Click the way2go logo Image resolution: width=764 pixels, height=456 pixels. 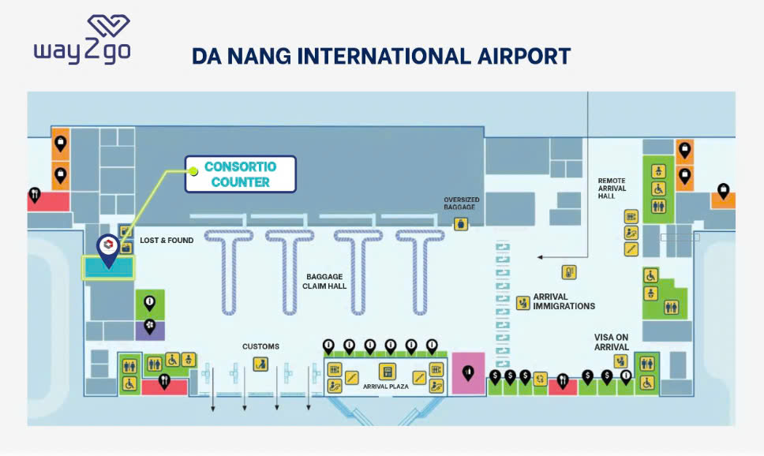pos(82,39)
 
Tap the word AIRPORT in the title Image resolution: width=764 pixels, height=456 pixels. pos(524,56)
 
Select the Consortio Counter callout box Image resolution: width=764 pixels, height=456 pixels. pos(240,174)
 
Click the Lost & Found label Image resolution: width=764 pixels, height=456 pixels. pos(167,240)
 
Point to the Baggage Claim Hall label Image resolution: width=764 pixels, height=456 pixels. pos(324,281)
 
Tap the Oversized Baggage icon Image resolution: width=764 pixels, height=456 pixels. pos(461,224)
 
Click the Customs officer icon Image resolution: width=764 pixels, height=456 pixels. pos(260,364)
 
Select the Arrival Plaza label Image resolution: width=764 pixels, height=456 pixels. pos(385,387)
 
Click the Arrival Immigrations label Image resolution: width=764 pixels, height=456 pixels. pos(564,301)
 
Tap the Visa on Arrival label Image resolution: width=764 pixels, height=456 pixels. pos(611,342)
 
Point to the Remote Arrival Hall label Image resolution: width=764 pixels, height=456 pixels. pos(612,188)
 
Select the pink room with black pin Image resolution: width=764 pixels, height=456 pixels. pos(468,373)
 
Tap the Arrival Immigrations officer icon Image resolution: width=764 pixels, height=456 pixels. pos(522,303)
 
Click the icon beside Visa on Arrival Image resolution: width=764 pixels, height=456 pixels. pos(620,361)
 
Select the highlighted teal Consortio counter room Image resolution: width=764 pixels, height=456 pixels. pos(108,267)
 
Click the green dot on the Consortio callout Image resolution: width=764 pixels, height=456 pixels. pos(193,171)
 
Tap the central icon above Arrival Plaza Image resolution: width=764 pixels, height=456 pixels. pos(387,372)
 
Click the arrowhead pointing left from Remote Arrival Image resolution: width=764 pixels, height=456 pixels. pos(540,257)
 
